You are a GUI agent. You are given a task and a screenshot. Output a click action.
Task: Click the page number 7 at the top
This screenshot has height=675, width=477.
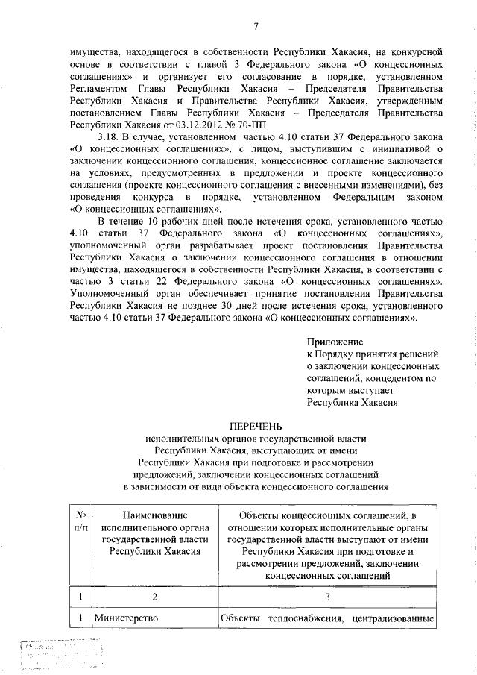point(256,28)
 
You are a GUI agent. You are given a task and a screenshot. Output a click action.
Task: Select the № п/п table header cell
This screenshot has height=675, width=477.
point(80,521)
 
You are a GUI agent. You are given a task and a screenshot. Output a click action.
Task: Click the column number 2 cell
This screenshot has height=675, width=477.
point(155,596)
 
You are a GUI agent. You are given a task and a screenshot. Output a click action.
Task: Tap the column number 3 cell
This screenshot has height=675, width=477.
point(328,596)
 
